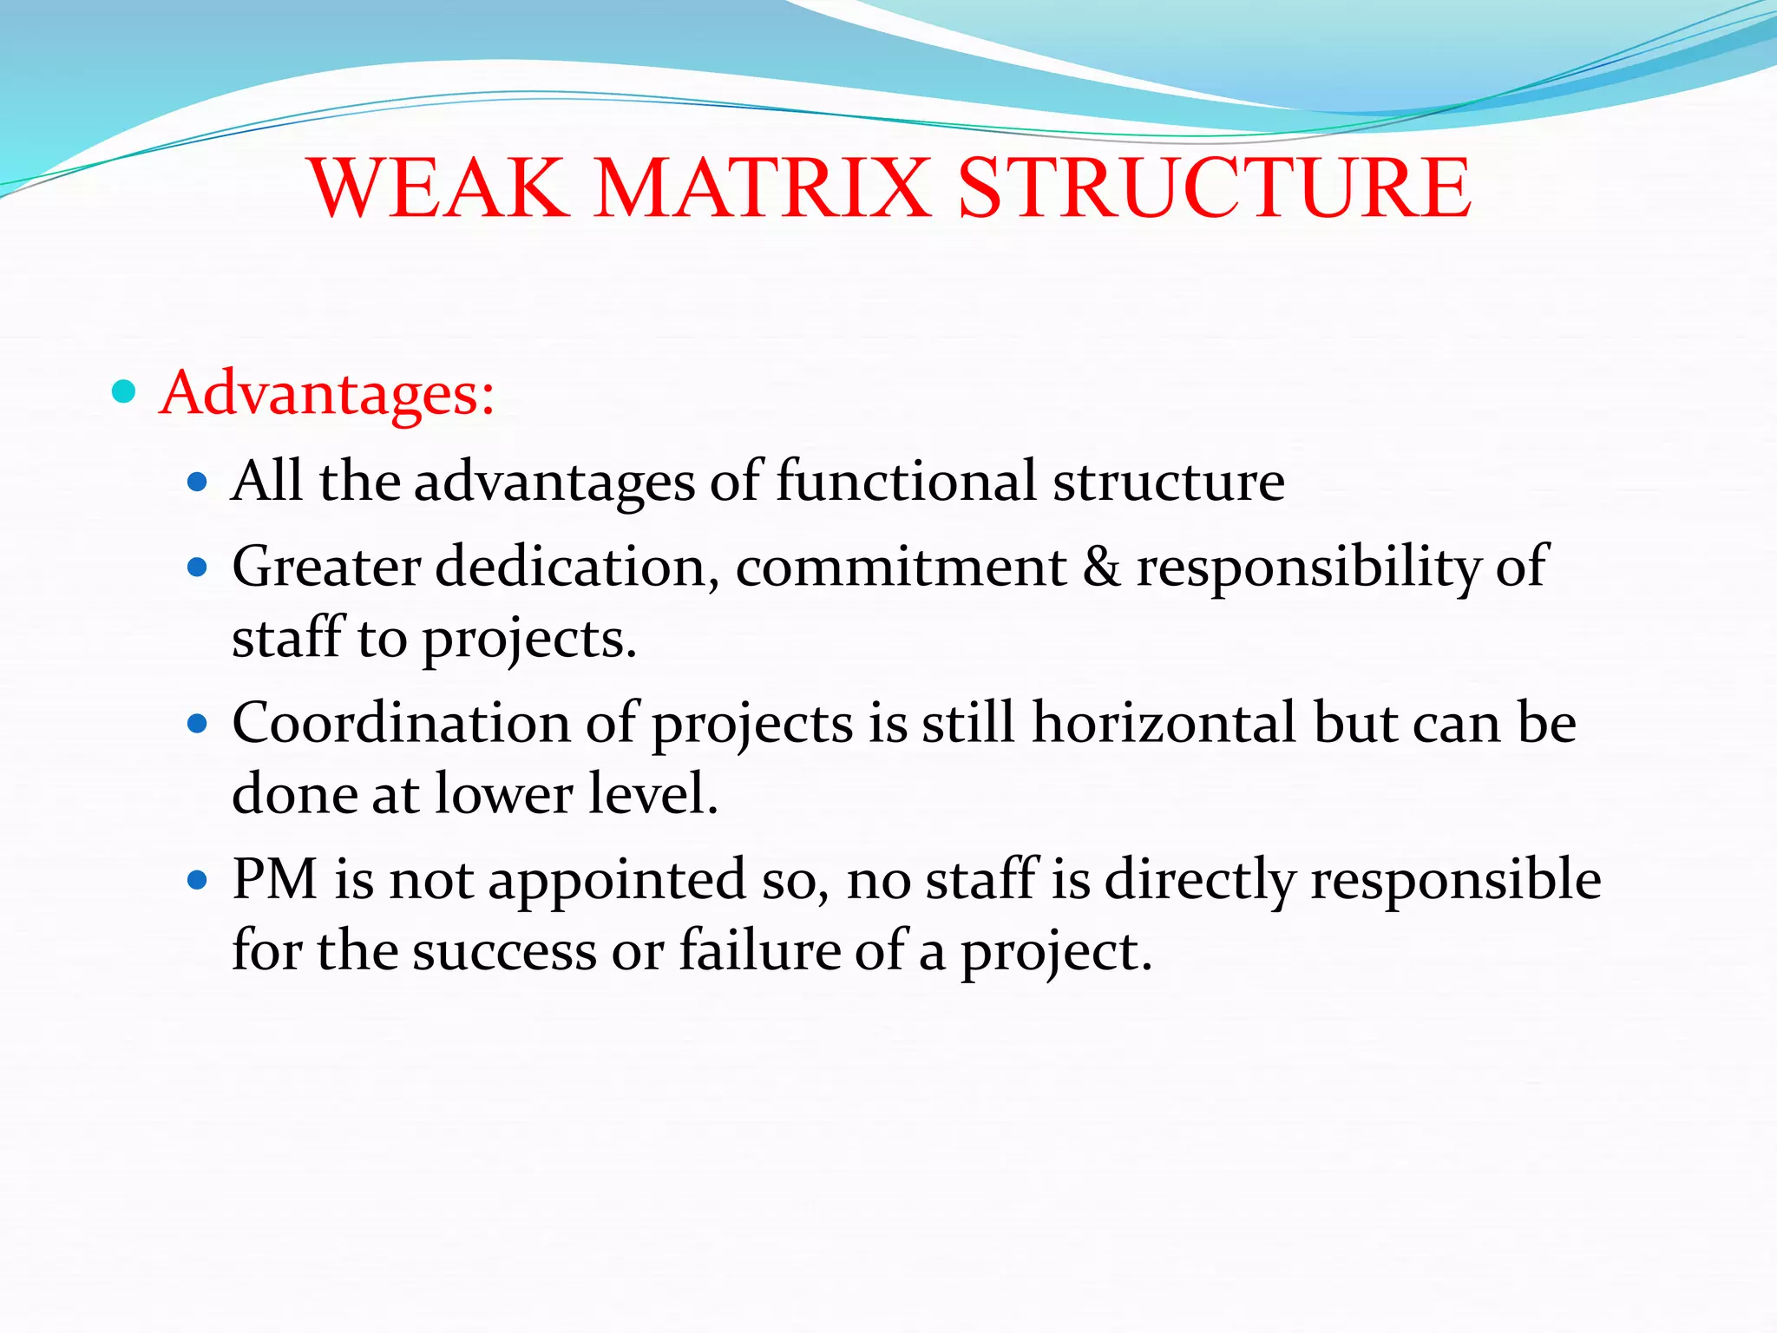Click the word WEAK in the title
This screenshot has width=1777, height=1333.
[438, 188]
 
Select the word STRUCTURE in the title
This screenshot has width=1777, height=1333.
[1214, 188]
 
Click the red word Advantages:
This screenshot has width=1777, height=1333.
[327, 393]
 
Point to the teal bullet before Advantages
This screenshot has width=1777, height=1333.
[125, 392]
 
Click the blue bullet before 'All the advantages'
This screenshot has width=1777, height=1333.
[198, 482]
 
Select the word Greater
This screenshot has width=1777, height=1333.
[326, 568]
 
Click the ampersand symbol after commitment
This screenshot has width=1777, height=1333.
[1101, 568]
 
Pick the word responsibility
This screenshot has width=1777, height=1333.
[1309, 568]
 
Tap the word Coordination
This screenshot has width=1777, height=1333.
[401, 723]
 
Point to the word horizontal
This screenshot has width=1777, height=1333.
[1164, 723]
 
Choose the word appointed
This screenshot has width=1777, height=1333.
[617, 879]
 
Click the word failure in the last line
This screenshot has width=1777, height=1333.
[758, 950]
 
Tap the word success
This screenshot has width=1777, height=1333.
[504, 950]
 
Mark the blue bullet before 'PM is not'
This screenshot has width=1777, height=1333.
[198, 881]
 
